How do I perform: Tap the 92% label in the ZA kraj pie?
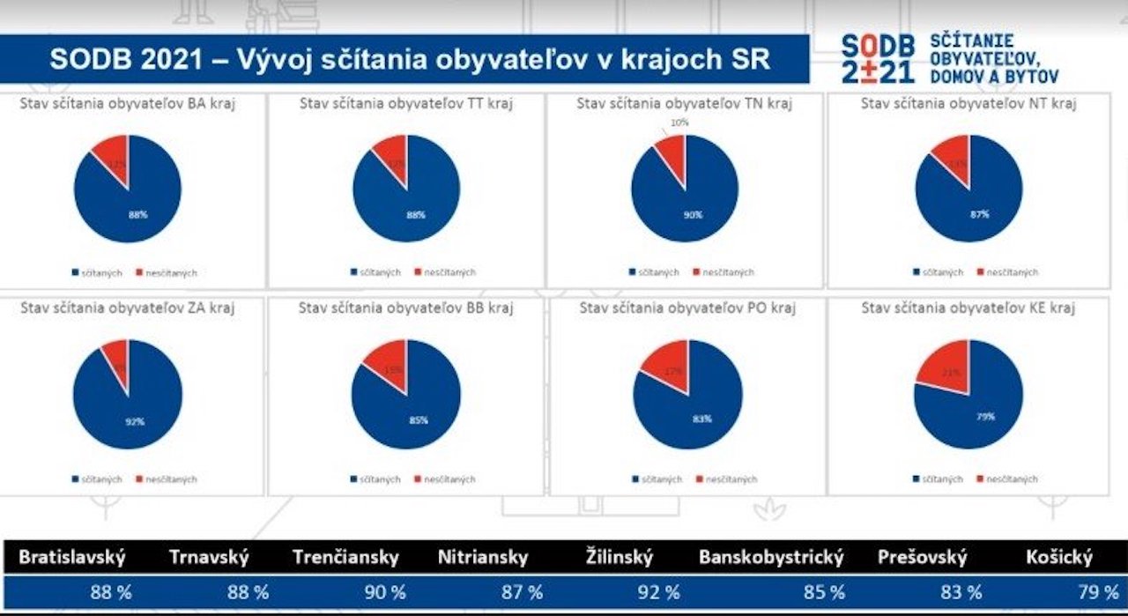click(134, 422)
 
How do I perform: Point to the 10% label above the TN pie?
click(679, 122)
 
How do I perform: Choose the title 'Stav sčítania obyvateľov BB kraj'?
click(405, 308)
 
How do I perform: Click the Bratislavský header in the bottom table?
click(72, 557)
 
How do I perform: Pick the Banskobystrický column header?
click(771, 557)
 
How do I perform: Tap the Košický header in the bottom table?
click(1058, 557)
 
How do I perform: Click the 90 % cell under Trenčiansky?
click(385, 592)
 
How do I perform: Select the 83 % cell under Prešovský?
click(961, 592)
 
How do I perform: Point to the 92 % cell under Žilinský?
click(659, 592)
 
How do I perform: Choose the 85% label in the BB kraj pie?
click(418, 420)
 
